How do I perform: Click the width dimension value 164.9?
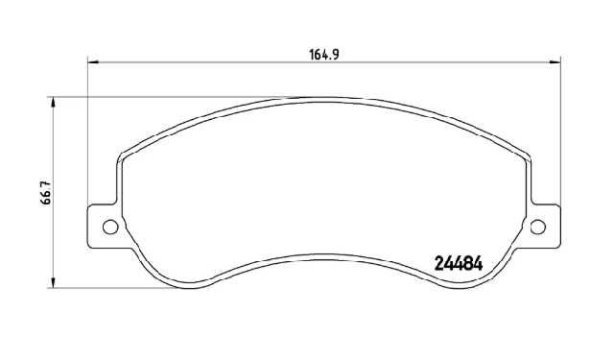point(324,55)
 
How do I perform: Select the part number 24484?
point(459,264)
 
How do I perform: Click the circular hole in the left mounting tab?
point(110,227)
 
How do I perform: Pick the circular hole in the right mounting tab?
point(537,227)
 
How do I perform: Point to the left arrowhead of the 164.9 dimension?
point(92,61)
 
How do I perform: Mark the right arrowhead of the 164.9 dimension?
point(555,61)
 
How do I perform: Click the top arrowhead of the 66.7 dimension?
point(53,103)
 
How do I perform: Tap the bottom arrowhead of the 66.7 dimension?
point(53,283)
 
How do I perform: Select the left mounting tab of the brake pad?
point(104,227)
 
